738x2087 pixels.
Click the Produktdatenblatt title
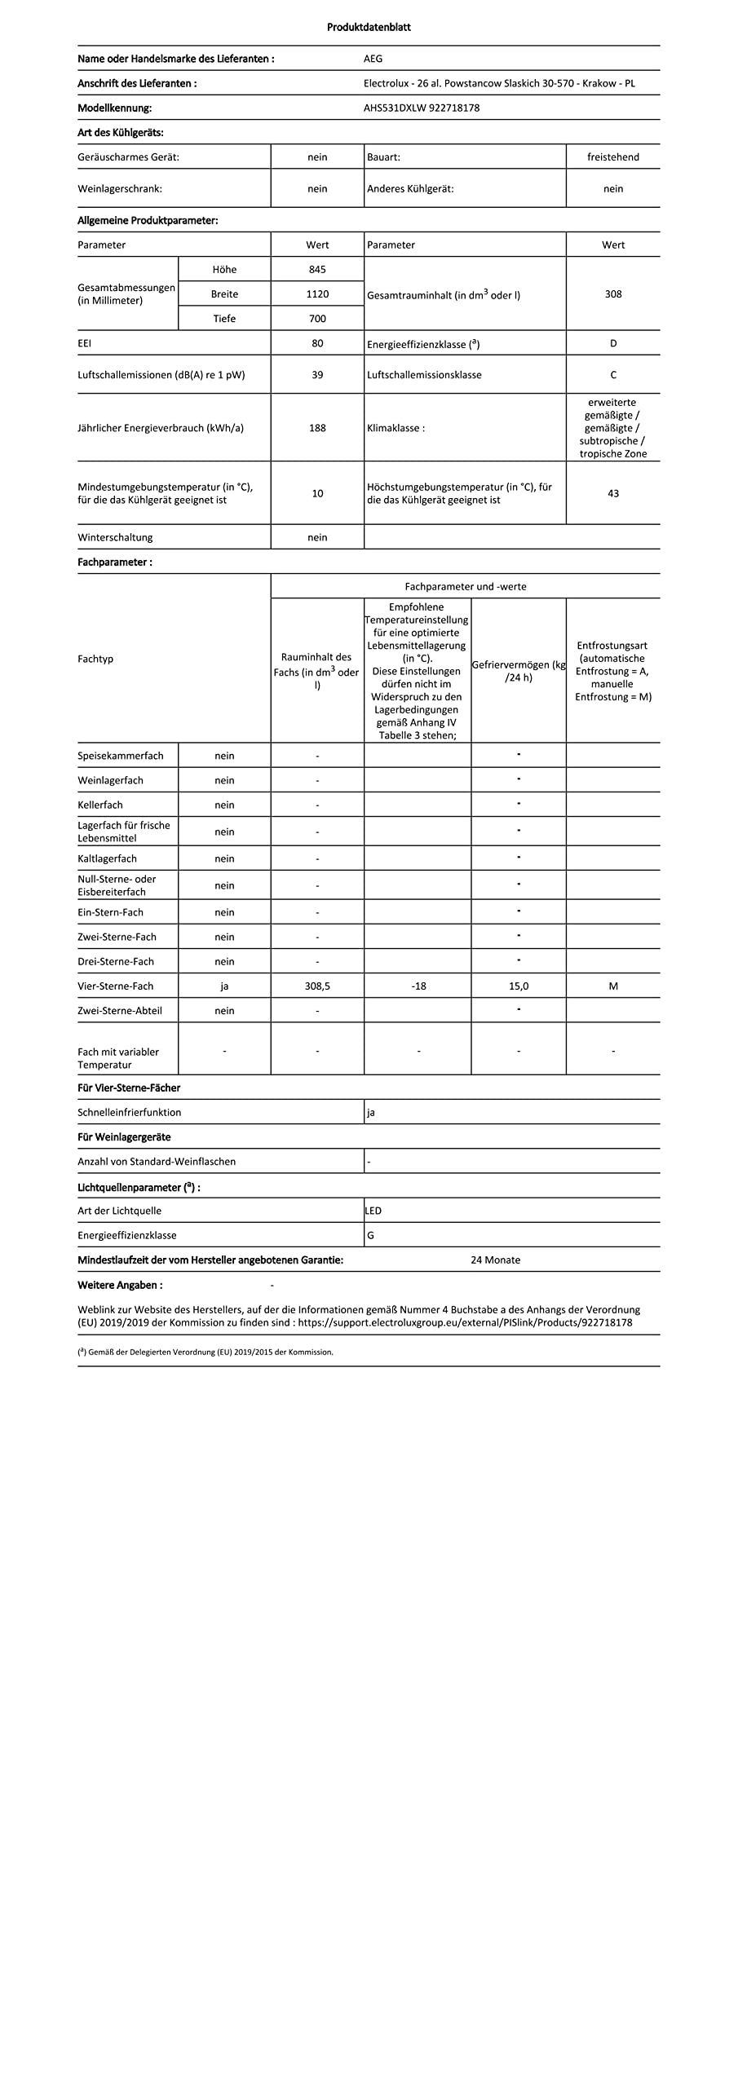pyautogui.click(x=369, y=27)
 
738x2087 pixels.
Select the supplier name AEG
pyautogui.click(x=373, y=59)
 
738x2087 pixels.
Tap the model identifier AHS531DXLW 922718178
pyautogui.click(x=421, y=108)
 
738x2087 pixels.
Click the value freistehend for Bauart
pyautogui.click(x=612, y=157)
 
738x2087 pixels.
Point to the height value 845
pyautogui.click(x=317, y=269)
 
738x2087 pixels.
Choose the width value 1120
pyautogui.click(x=317, y=293)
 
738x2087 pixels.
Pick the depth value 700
pyautogui.click(x=317, y=319)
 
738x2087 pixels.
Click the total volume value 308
pyautogui.click(x=612, y=293)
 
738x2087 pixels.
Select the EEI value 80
pyautogui.click(x=317, y=343)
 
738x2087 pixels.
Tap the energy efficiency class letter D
pyautogui.click(x=612, y=343)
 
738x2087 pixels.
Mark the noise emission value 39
pyautogui.click(x=317, y=375)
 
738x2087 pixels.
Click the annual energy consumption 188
pyautogui.click(x=317, y=428)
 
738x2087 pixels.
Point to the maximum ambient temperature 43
pyautogui.click(x=612, y=493)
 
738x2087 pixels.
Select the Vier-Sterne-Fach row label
pyautogui.click(x=115, y=986)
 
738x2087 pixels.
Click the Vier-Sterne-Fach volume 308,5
pyautogui.click(x=317, y=986)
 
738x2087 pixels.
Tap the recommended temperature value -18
pyautogui.click(x=418, y=986)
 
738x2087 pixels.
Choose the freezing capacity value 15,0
pyautogui.click(x=519, y=986)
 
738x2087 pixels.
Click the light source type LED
pyautogui.click(x=373, y=1211)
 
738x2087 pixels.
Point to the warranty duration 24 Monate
pyautogui.click(x=495, y=1260)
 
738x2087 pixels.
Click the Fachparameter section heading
pyautogui.click(x=114, y=562)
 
